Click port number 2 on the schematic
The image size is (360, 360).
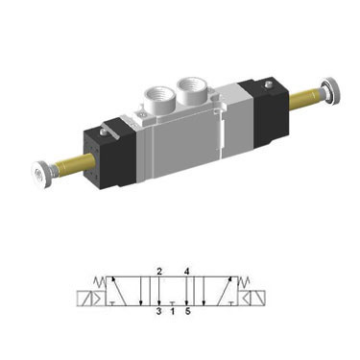[x=159, y=272]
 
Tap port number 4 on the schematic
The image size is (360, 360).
[x=187, y=272]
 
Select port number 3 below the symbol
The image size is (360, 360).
[x=158, y=311]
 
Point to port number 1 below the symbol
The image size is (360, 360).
[x=173, y=311]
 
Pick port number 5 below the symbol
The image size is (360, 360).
[x=187, y=311]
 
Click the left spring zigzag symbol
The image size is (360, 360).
[x=100, y=282]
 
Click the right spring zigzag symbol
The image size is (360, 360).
[x=245, y=282]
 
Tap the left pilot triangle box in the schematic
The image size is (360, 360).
[x=98, y=299]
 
